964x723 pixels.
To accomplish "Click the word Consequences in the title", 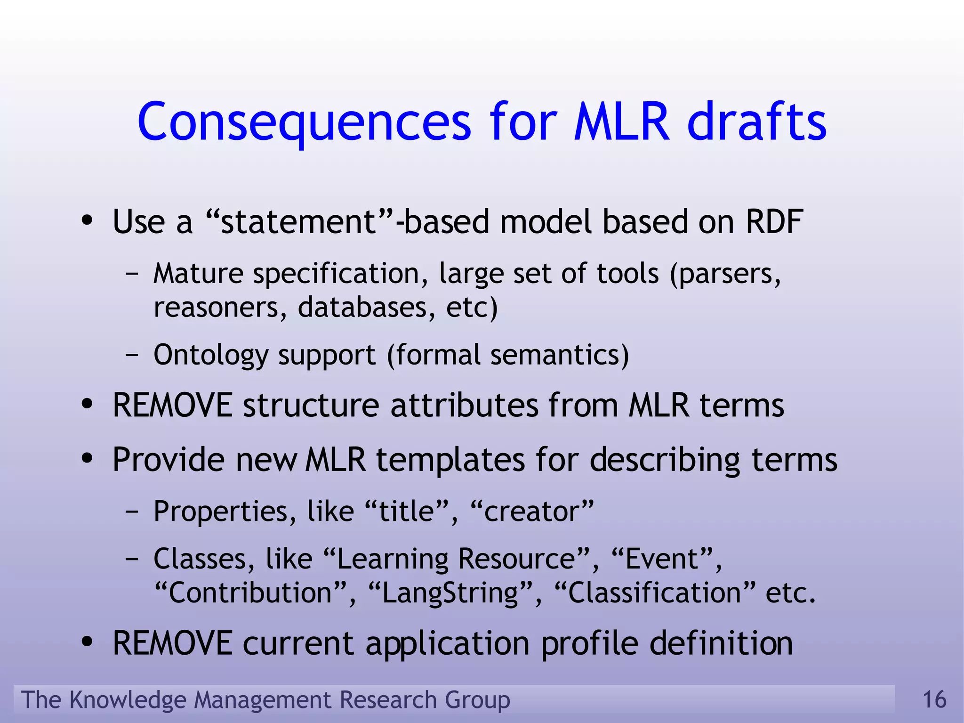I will pyautogui.click(x=304, y=122).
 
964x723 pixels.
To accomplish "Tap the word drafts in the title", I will pyautogui.click(x=756, y=122).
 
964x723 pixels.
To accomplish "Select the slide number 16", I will pyautogui.click(x=934, y=699).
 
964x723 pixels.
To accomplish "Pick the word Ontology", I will pyautogui.click(x=210, y=355).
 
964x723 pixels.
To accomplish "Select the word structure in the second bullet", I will pyautogui.click(x=311, y=405).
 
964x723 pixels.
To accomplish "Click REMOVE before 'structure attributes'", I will pyautogui.click(x=172, y=405).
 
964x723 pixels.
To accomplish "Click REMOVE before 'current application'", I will pyautogui.click(x=172, y=643).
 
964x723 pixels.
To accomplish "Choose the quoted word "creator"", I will pyautogui.click(x=532, y=512).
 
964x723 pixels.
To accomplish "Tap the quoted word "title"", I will pyautogui.click(x=406, y=512).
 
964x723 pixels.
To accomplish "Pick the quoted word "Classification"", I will pyautogui.click(x=655, y=593).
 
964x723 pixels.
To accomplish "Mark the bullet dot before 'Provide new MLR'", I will pyautogui.click(x=87, y=459).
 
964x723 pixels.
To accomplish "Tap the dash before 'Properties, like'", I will pyautogui.click(x=132, y=512).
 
